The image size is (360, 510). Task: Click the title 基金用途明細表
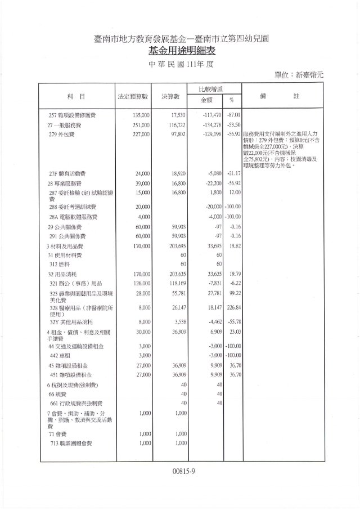click(x=179, y=51)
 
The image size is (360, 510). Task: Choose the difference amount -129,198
click(x=209, y=135)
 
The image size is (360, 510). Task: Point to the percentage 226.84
click(x=232, y=308)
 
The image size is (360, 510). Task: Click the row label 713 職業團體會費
click(x=71, y=444)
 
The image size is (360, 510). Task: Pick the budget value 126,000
click(x=138, y=283)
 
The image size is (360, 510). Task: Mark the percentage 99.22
click(x=233, y=293)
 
